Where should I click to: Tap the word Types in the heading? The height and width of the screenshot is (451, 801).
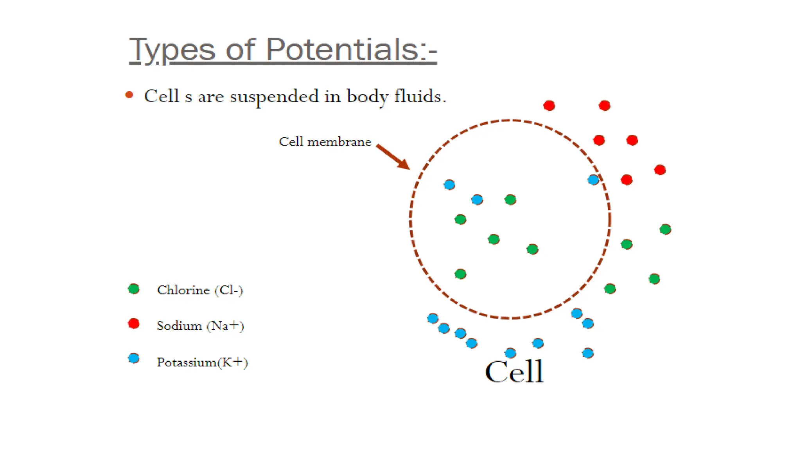click(172, 50)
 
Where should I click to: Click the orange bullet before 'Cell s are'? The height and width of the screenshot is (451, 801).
click(129, 95)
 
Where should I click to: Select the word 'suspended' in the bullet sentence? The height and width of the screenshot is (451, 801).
click(274, 96)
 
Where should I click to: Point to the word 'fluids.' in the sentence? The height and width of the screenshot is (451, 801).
click(420, 96)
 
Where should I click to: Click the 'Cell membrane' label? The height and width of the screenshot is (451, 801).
click(325, 141)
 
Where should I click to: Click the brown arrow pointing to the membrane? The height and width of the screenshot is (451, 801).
click(393, 157)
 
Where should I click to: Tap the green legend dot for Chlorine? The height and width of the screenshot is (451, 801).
click(134, 289)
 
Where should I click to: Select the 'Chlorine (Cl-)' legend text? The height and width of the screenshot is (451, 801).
click(200, 290)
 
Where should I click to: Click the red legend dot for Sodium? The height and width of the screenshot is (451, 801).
click(134, 323)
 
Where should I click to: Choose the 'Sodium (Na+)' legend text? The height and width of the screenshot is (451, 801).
click(200, 325)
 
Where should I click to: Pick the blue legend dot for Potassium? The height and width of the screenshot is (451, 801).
click(134, 358)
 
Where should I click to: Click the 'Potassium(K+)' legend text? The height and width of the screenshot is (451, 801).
click(202, 362)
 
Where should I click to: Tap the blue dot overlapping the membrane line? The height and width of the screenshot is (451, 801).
click(593, 180)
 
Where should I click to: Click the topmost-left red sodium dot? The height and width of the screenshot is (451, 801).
click(549, 105)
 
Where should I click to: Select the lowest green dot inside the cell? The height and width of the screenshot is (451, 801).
click(460, 274)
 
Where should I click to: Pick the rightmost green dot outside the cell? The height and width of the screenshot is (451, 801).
click(665, 229)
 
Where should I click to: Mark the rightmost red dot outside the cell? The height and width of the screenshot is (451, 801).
click(660, 170)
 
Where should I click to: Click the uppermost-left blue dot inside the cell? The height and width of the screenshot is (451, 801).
click(449, 184)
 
